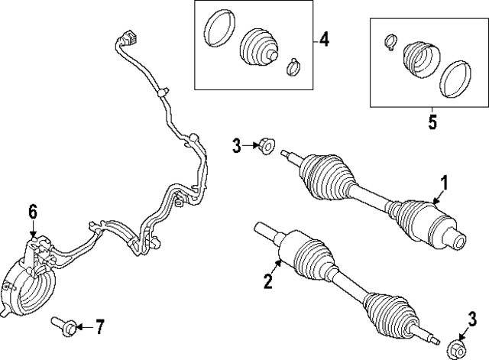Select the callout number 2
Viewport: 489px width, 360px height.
point(267,282)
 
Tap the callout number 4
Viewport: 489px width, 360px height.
point(324,39)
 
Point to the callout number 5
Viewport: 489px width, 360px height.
point(432,122)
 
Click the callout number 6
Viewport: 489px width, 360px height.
point(33,210)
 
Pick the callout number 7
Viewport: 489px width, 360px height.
point(99,328)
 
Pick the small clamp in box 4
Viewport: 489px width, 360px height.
point(293,67)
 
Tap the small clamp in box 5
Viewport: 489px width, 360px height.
point(390,41)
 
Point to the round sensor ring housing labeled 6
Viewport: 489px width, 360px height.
point(28,282)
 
